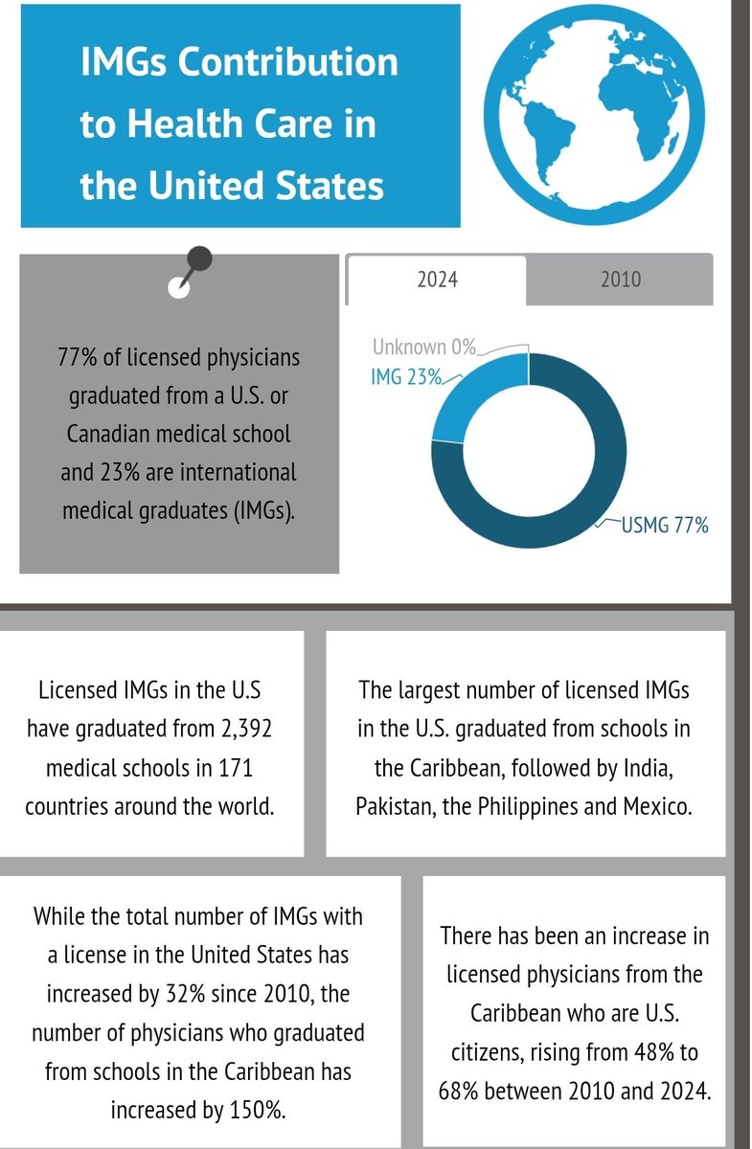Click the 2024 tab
point(436,280)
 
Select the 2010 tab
point(620,280)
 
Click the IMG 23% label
point(405,377)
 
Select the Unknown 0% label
point(423,349)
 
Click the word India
point(655,767)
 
